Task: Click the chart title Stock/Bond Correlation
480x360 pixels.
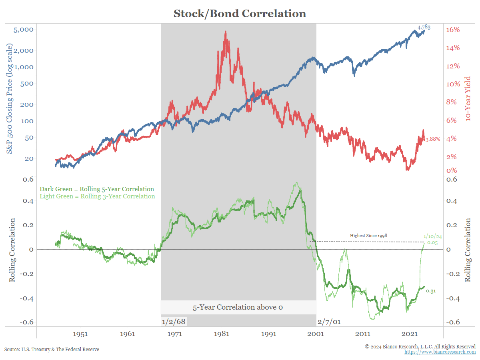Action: tap(240, 14)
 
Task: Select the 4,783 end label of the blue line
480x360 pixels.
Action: tap(424, 27)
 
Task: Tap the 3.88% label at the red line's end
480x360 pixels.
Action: tap(432, 139)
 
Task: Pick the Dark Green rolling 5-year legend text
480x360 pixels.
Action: tap(97, 189)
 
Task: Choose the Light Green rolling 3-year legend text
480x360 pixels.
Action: tap(97, 196)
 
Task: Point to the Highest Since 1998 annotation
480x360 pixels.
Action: tap(368, 236)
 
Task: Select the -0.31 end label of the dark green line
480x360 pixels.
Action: tap(430, 291)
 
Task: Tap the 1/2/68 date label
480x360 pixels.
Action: tap(174, 321)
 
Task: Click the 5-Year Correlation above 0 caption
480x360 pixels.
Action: tap(238, 307)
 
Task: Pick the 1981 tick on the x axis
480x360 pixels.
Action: tap(222, 334)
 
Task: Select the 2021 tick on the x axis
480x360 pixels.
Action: tap(410, 334)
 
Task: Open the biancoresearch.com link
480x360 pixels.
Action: tap(440, 352)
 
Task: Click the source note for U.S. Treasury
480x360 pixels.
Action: tap(52, 349)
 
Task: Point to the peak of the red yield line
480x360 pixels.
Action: tap(226, 32)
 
